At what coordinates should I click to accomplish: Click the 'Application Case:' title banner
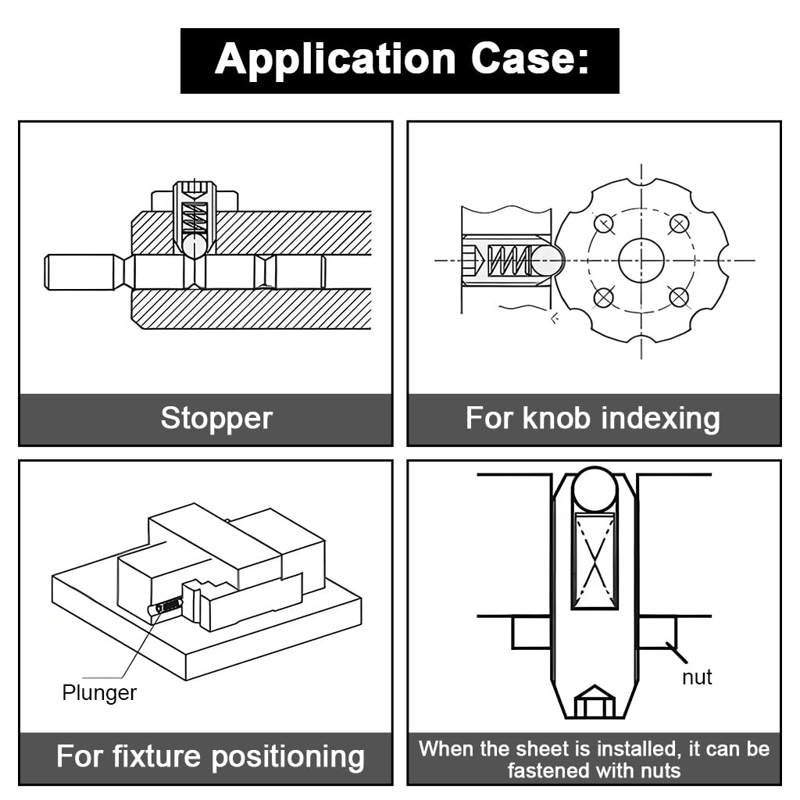(x=399, y=60)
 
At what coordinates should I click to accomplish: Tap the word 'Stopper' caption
(x=216, y=418)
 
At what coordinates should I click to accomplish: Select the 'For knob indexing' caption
(x=593, y=418)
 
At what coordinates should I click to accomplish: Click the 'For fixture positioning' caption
(x=211, y=756)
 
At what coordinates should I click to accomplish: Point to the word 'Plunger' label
(x=99, y=692)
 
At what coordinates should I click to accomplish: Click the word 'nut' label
(x=697, y=677)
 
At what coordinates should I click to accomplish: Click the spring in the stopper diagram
(x=194, y=218)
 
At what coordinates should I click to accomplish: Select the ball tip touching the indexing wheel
(x=548, y=260)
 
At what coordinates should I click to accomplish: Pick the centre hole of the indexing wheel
(x=641, y=261)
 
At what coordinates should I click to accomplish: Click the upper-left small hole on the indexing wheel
(x=603, y=223)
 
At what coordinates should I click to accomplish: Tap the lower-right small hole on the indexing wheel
(x=679, y=298)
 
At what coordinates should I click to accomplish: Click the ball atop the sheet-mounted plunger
(x=595, y=490)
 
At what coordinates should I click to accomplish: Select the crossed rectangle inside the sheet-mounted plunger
(x=595, y=560)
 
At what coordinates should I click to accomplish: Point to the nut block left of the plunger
(x=531, y=632)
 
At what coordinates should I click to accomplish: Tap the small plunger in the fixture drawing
(x=166, y=605)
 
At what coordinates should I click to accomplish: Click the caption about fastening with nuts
(x=594, y=759)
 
